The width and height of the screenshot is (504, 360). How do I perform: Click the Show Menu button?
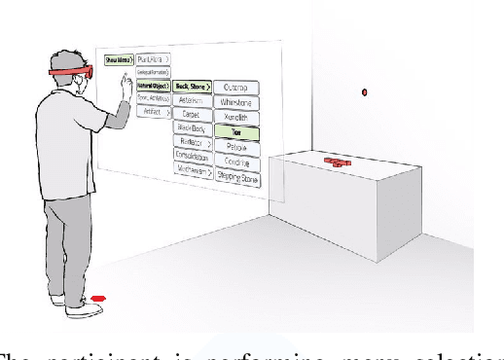pos(118,60)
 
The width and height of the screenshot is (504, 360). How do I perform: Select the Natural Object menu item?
pos(152,86)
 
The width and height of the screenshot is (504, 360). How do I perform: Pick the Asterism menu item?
pos(191,100)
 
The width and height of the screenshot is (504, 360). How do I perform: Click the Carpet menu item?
pos(191,114)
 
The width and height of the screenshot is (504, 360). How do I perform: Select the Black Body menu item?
pos(191,127)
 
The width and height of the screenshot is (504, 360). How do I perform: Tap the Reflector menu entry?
pos(192,142)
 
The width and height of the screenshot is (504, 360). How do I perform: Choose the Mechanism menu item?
pos(192,168)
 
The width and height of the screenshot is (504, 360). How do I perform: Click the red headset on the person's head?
pos(68,73)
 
